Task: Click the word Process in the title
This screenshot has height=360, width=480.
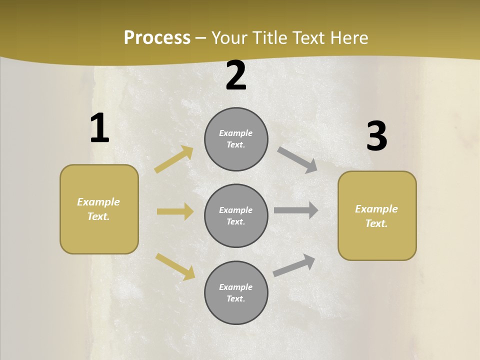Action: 157,38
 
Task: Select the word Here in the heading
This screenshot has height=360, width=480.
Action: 348,38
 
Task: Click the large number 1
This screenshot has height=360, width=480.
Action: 99,128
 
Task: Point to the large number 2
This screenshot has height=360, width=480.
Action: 236,76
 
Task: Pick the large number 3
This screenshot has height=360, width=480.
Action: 377,136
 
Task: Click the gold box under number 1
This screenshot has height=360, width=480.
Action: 99,209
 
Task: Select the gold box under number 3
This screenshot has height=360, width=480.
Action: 377,216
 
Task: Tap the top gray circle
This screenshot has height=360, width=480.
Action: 236,139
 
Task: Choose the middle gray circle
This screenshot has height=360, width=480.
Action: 236,216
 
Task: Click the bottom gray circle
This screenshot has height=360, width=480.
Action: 236,293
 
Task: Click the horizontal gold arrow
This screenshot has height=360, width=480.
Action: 175,211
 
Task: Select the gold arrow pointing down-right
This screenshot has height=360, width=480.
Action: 175,266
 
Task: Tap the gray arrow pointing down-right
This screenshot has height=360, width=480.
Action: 297,159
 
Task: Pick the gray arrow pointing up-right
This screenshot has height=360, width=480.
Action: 294,265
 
